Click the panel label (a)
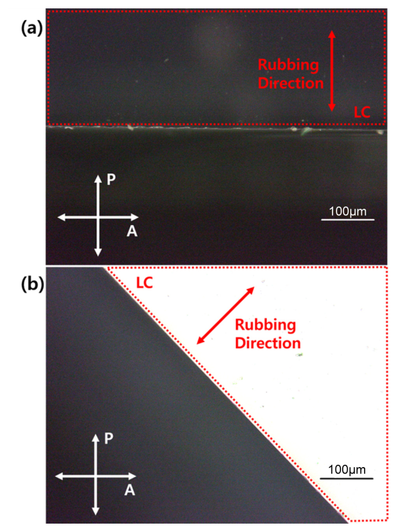pos(32,28)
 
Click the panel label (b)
pos(32,284)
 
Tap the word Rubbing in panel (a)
pos(289,65)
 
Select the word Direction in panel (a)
pos(291,83)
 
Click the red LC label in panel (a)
pos(362,112)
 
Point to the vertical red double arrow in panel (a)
pos(332,71)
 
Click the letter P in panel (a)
pos(111,179)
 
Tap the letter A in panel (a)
pos(132,231)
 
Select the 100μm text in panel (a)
pos(348,211)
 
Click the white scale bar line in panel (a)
pos(348,220)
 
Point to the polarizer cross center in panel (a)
pos(98,217)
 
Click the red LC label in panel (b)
pos(144,283)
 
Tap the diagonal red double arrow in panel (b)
pos(225,316)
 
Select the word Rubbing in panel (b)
pos(266,325)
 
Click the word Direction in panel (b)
pos(268,343)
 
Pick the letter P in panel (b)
pos(108,438)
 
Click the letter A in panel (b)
pos(129,490)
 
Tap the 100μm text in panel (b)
pos(347,470)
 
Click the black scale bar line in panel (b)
pos(347,479)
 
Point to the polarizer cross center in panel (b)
pos(96,476)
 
